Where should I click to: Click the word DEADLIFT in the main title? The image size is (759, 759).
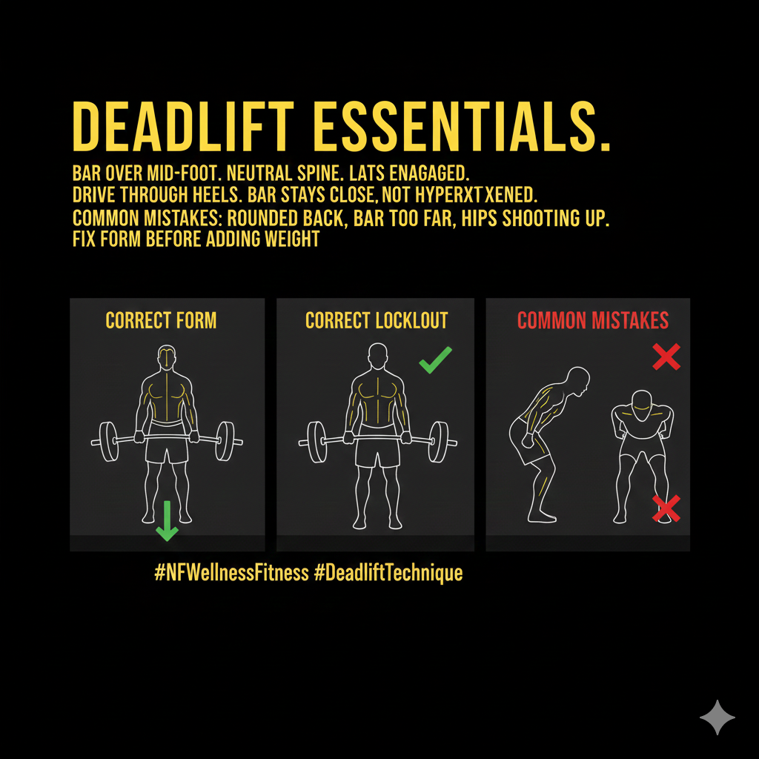pyautogui.click(x=183, y=127)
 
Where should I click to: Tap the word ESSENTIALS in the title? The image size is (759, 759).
pyautogui.click(x=462, y=127)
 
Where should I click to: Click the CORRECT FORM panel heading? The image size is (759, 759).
pyautogui.click(x=161, y=320)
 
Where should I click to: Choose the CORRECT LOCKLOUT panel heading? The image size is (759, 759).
pyautogui.click(x=377, y=320)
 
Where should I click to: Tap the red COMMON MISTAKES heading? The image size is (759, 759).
pyautogui.click(x=593, y=320)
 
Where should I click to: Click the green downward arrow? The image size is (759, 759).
pyautogui.click(x=167, y=521)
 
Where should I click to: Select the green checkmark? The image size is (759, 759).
pyautogui.click(x=436, y=360)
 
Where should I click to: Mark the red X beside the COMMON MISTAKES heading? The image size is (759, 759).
pyautogui.click(x=666, y=357)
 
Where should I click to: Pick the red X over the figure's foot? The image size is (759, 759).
pyautogui.click(x=666, y=508)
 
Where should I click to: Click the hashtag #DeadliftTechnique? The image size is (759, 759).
pyautogui.click(x=388, y=573)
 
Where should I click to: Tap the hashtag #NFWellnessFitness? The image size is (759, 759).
pyautogui.click(x=231, y=573)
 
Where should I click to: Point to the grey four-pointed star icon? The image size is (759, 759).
pyautogui.click(x=717, y=717)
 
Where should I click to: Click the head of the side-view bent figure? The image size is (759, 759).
pyautogui.click(x=578, y=380)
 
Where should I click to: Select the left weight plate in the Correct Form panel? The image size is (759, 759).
pyautogui.click(x=108, y=442)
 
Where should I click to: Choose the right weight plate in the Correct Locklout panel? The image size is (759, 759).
pyautogui.click(x=439, y=442)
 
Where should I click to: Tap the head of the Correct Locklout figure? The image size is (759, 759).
pyautogui.click(x=377, y=357)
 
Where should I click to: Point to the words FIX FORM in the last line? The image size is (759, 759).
pyautogui.click(x=107, y=239)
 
